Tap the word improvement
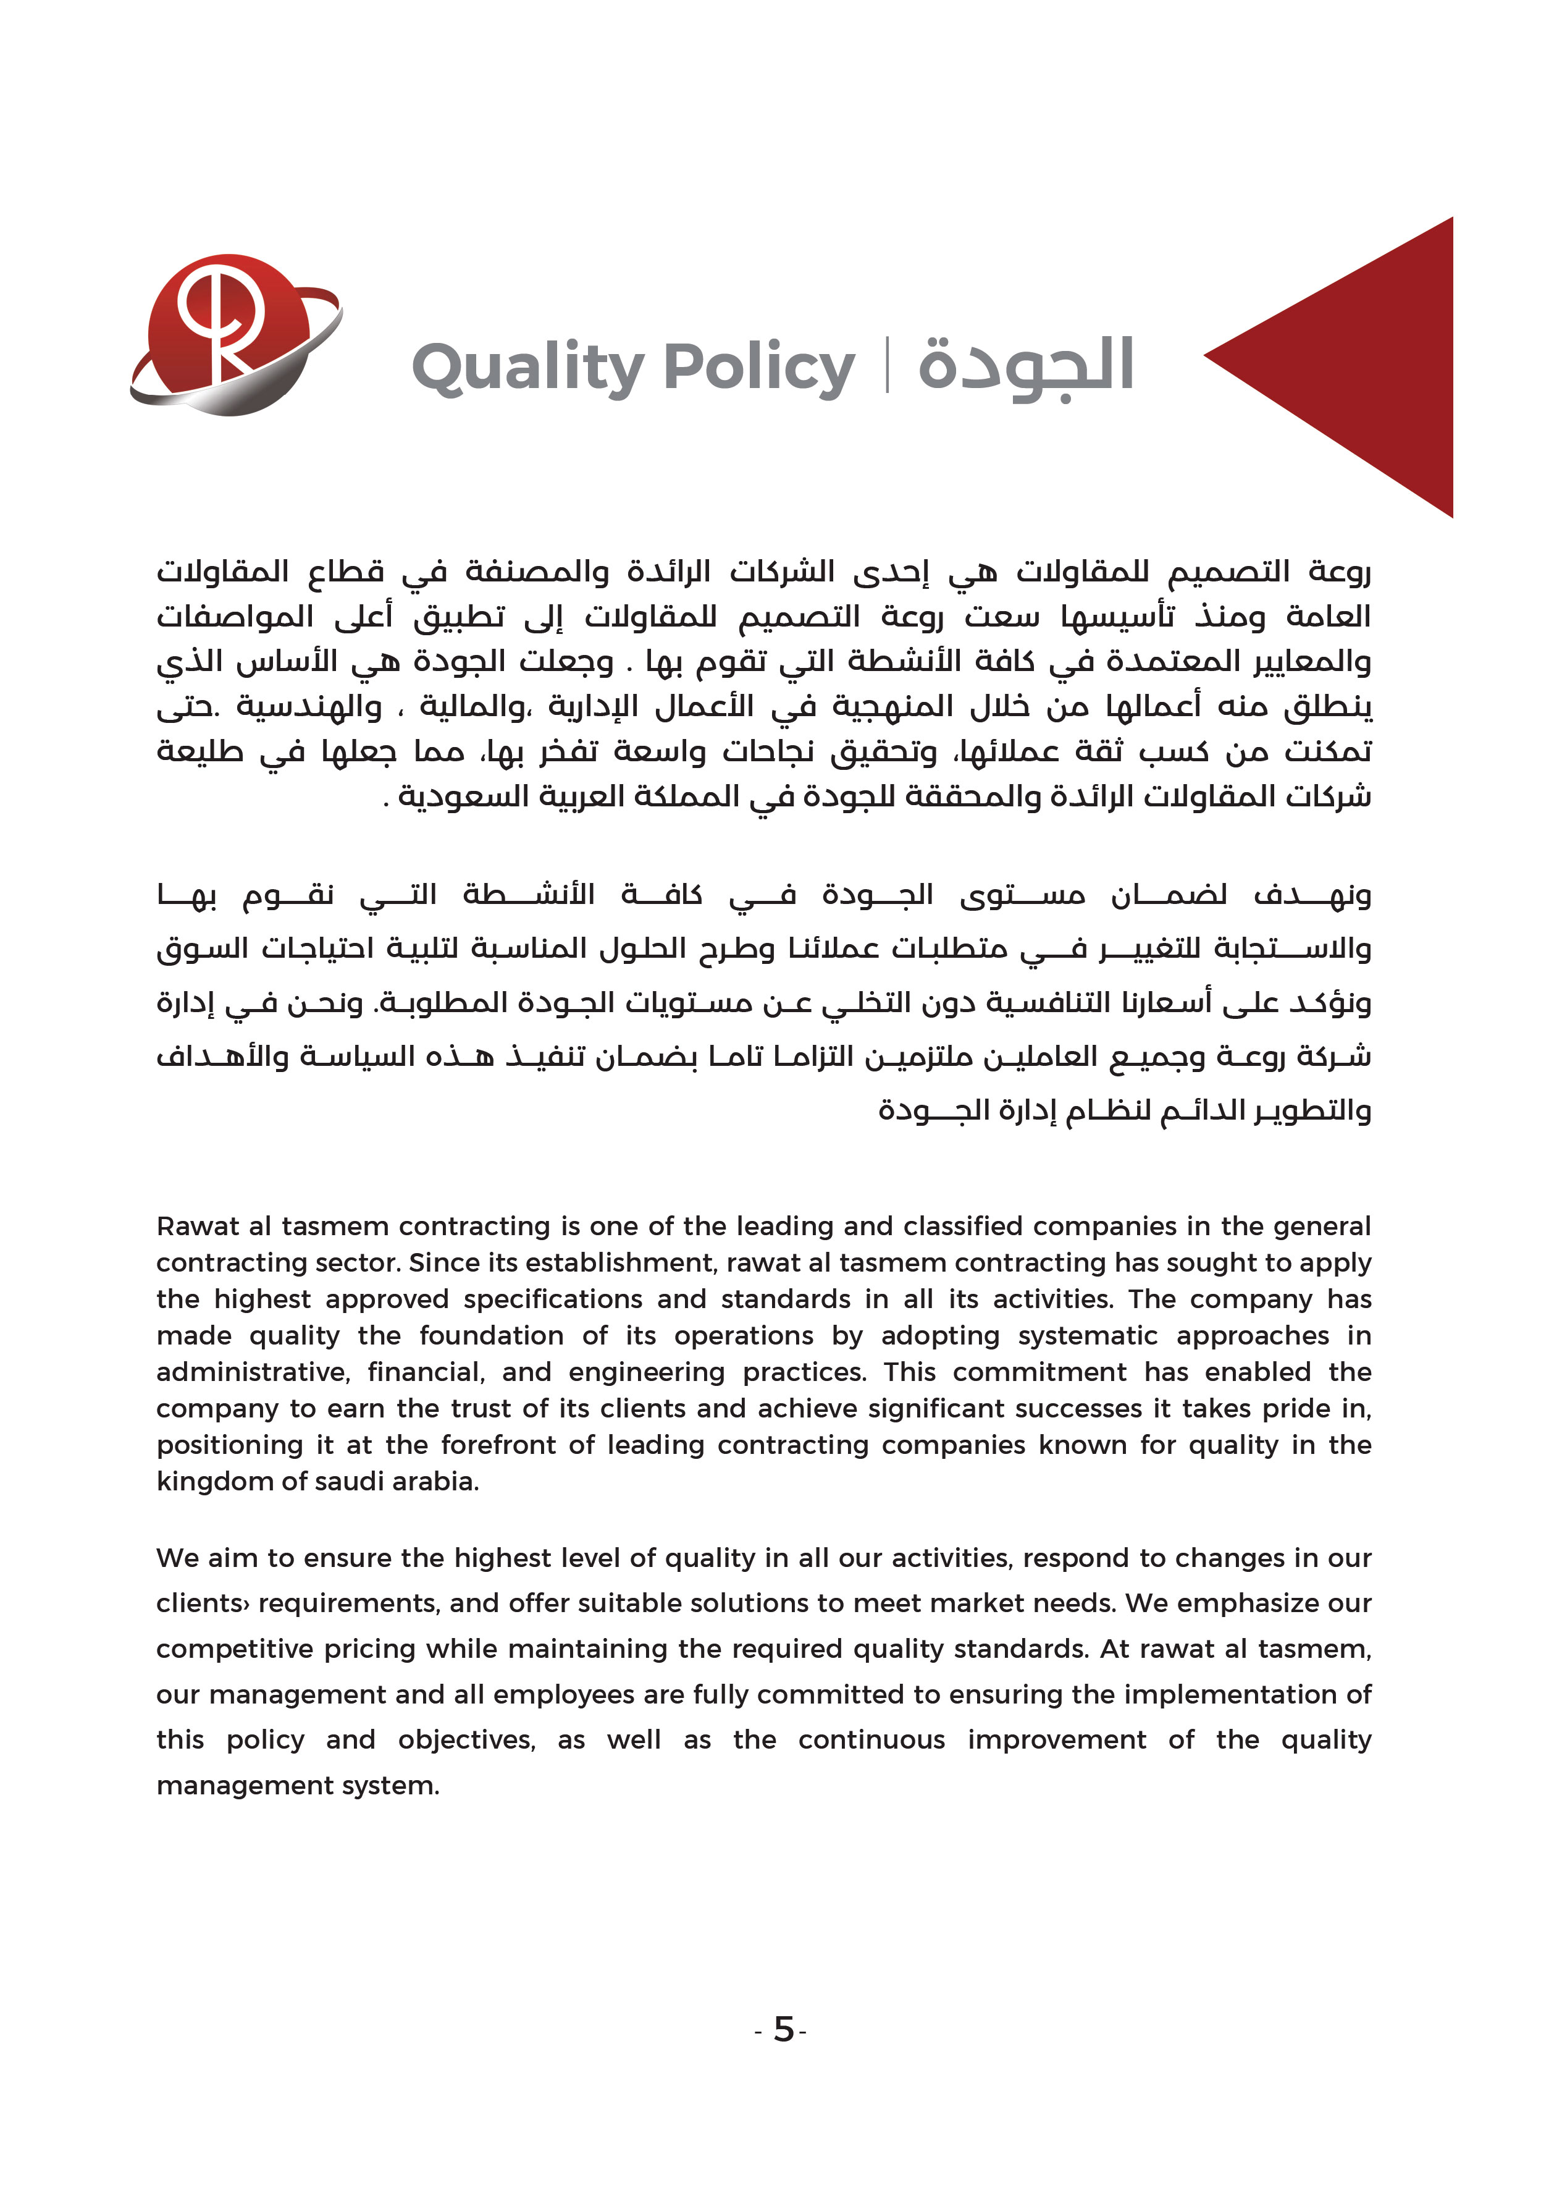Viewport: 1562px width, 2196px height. pos(1057,1740)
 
